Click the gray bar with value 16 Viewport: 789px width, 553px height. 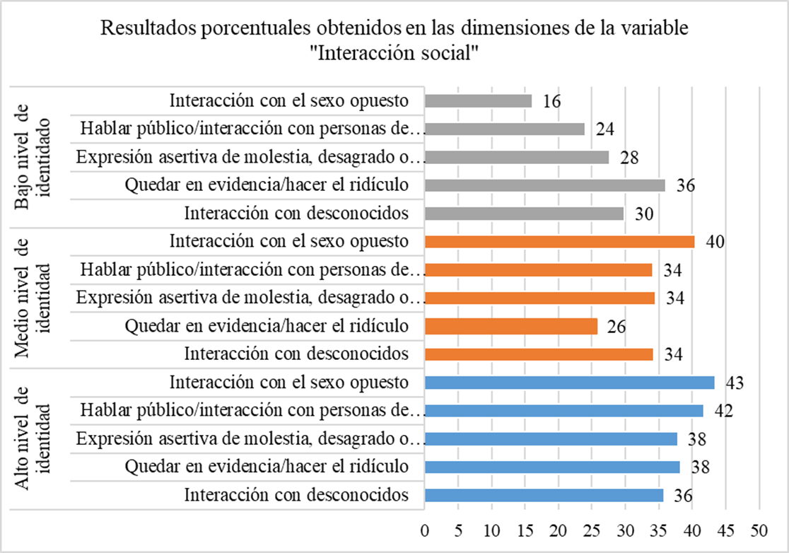point(479,101)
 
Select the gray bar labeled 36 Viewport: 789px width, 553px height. point(545,185)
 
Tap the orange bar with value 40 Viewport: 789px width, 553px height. point(560,242)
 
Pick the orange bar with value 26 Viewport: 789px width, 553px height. point(511,326)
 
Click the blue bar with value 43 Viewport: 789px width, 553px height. point(570,383)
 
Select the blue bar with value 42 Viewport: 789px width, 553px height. point(564,411)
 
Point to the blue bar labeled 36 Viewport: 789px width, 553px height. point(544,495)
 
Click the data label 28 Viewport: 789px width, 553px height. point(631,158)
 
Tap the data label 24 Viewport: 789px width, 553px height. point(605,129)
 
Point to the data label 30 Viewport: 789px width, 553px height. point(645,214)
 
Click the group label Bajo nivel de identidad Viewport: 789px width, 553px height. point(33,156)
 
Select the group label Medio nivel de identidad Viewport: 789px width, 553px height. point(33,297)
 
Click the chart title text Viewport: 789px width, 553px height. point(394,41)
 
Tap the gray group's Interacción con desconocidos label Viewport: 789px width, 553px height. point(296,214)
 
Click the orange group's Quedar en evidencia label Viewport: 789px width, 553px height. point(267,326)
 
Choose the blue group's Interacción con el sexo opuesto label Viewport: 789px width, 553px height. point(289,383)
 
